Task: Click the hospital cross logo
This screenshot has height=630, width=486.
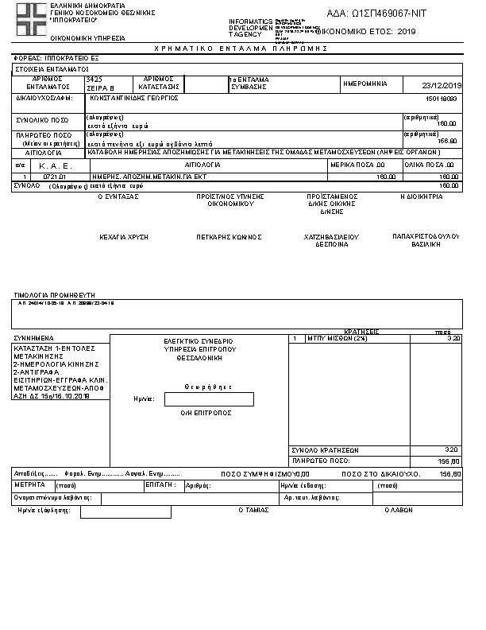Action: [32, 18]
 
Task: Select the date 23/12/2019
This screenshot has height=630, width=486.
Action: [443, 85]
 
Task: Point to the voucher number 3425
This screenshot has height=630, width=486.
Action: [94, 80]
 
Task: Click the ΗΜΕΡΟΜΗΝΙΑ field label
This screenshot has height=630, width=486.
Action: [364, 83]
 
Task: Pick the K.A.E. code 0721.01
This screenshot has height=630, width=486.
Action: [53, 177]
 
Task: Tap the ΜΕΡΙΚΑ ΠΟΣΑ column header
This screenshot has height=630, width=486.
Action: [364, 165]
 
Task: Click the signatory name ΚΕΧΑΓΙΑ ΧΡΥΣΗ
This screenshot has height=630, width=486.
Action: [124, 237]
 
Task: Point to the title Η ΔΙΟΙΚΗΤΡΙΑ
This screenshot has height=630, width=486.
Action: [422, 196]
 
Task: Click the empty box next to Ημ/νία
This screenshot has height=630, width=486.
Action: [209, 399]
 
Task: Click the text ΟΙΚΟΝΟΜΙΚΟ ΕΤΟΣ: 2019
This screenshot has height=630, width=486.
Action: [366, 31]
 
